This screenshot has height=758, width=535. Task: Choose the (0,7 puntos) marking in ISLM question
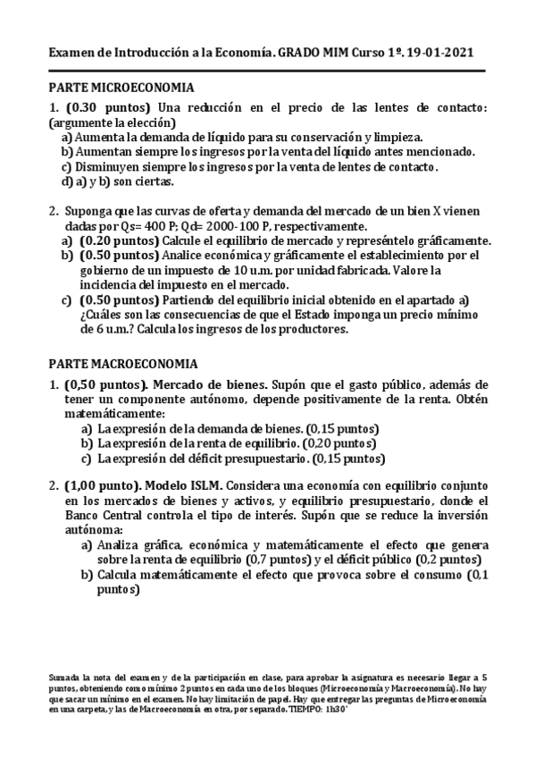[278, 560]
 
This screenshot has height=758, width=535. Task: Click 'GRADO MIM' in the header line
[313, 55]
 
